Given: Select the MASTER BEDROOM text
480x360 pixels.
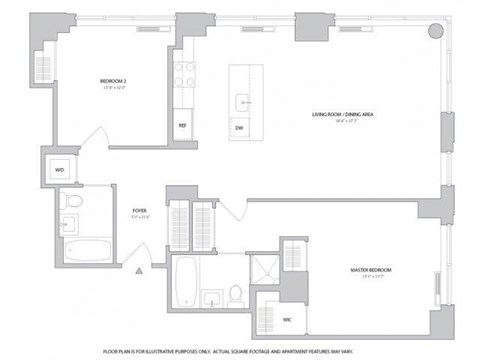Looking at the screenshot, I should tap(370, 270).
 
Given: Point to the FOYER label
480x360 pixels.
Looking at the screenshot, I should tap(139, 210).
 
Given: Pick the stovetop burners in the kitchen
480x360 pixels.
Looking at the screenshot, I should tap(184, 73).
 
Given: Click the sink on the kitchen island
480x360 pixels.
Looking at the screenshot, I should tap(240, 101).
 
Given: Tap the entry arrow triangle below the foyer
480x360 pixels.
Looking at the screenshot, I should tap(142, 270).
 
